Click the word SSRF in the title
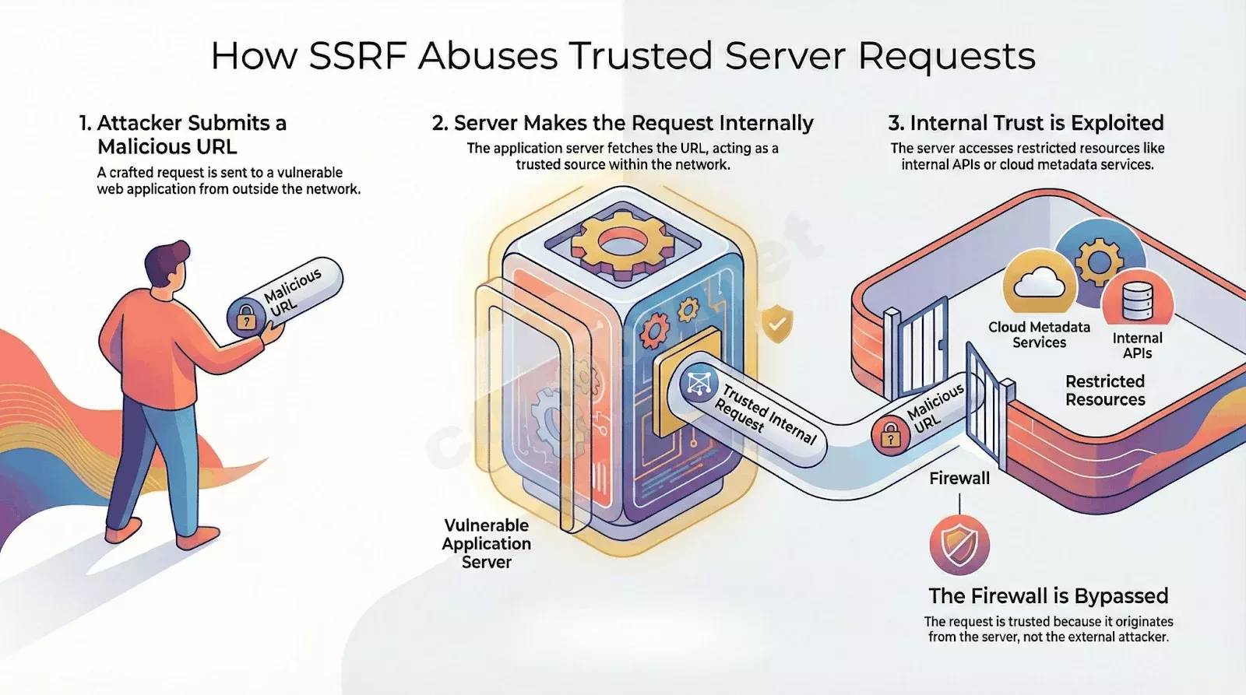pyautogui.click(x=357, y=55)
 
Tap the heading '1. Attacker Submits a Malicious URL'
pyautogui.click(x=183, y=135)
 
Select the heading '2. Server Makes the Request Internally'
pyautogui.click(x=622, y=123)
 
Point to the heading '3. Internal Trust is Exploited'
pyautogui.click(x=1026, y=123)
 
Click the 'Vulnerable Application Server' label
pyautogui.click(x=487, y=543)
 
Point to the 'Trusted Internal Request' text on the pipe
pyautogui.click(x=764, y=412)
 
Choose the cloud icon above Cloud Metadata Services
pyautogui.click(x=1039, y=283)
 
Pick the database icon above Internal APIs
pyautogui.click(x=1138, y=300)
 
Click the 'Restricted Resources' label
pyautogui.click(x=1105, y=391)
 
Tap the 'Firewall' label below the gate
pyautogui.click(x=959, y=478)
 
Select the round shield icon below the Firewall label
pyautogui.click(x=959, y=545)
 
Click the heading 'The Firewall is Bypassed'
pyautogui.click(x=1048, y=596)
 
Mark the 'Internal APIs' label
pyautogui.click(x=1138, y=346)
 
